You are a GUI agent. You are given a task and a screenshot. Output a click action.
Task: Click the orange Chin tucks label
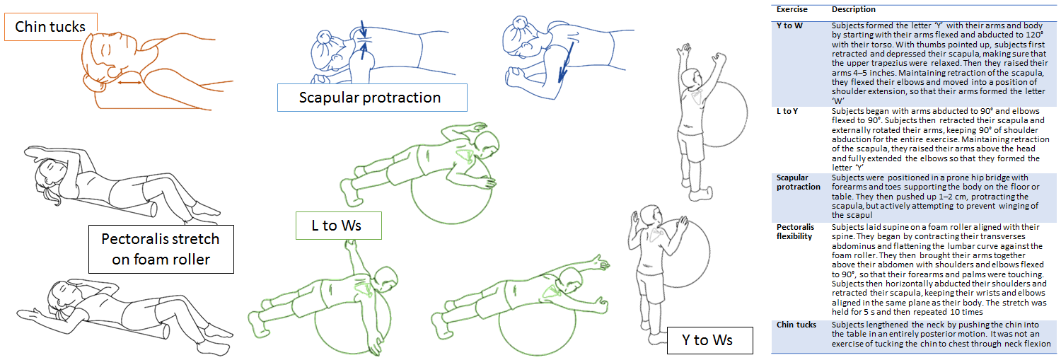click(51, 27)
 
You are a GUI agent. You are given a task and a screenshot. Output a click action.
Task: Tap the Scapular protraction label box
click(372, 98)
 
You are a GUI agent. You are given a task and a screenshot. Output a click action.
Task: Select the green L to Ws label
click(338, 226)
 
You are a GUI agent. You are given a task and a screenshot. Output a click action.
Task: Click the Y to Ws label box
click(709, 340)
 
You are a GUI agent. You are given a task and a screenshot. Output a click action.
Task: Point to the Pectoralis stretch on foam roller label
click(161, 249)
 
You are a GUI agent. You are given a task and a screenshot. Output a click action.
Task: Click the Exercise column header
click(792, 9)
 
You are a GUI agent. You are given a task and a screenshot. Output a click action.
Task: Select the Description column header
click(854, 9)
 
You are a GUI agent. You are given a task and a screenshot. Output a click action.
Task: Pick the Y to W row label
click(789, 25)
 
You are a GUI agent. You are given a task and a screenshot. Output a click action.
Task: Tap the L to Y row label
click(787, 111)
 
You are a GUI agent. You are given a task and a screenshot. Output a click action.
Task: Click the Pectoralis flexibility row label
click(795, 232)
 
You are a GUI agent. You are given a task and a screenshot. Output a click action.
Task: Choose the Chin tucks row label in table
click(796, 325)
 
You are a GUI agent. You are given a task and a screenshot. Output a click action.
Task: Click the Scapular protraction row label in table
click(798, 182)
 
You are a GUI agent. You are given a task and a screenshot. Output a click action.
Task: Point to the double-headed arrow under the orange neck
click(129, 83)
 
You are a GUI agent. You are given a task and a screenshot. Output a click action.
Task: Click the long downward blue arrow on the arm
click(566, 62)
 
